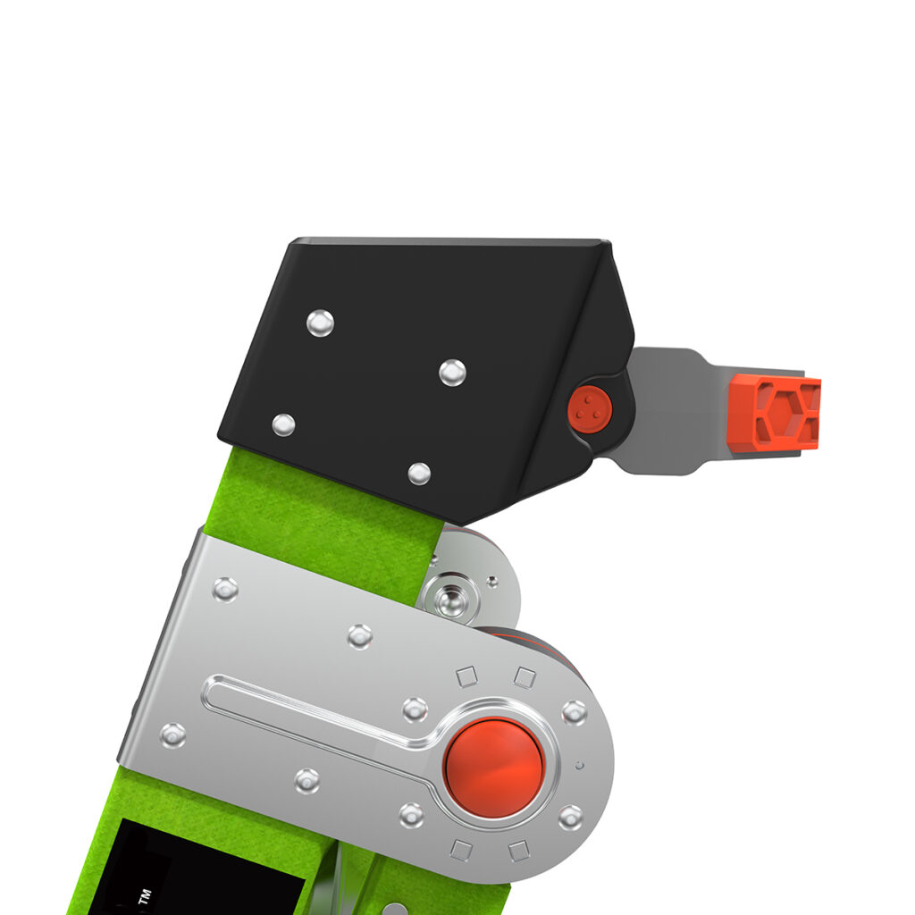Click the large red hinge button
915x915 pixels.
pos(493,767)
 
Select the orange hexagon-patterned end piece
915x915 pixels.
pos(774,411)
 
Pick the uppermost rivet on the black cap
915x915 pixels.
pos(320,323)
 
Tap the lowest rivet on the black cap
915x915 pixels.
pos(419,473)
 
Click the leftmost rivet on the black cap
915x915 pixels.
pos(283,424)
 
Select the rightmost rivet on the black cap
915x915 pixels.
pos(452,372)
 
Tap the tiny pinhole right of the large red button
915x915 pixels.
pos(579,765)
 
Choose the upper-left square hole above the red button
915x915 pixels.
pos(466,677)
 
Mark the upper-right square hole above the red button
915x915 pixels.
pos(525,677)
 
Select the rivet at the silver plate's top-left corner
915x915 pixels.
pos(225,588)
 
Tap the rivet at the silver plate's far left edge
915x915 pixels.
pos(172,735)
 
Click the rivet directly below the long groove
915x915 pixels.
pos(307,780)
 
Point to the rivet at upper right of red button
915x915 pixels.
pos(573,712)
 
